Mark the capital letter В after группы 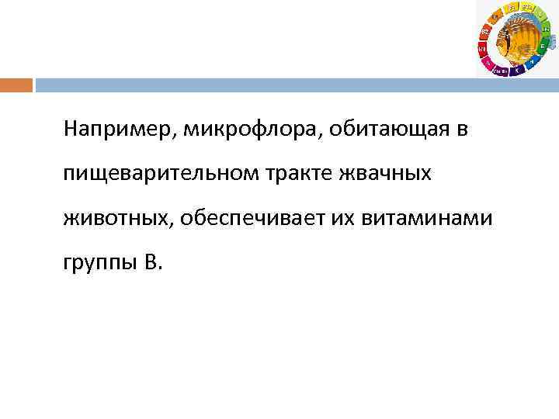(x=151, y=265)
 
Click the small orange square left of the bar (x=16, y=85)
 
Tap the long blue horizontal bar (x=295, y=85)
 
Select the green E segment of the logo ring (x=541, y=47)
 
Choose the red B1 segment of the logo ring (x=482, y=50)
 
